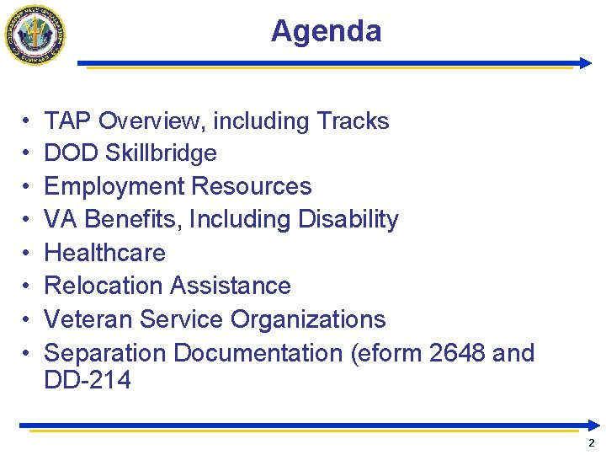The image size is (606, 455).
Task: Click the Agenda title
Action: coord(326,31)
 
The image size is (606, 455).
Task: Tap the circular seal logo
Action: coord(35,34)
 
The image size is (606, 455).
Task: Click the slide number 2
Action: coord(591,443)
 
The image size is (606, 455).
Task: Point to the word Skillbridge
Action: coord(164,153)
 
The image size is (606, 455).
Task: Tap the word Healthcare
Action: coord(104,253)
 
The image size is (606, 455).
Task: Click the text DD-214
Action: coord(88,380)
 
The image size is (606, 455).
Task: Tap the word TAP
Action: coord(67,121)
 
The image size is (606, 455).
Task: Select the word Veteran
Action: coord(88,320)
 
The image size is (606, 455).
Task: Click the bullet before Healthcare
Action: coord(27,253)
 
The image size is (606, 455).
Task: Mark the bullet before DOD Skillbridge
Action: coord(27,153)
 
